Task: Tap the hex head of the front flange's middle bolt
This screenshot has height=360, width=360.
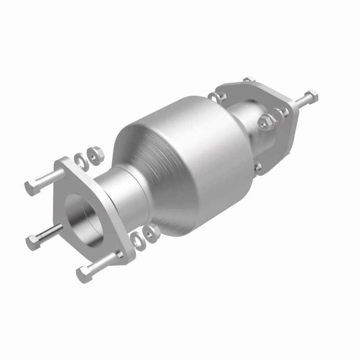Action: pyautogui.click(x=33, y=243)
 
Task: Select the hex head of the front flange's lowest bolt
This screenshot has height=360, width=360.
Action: pyautogui.click(x=84, y=272)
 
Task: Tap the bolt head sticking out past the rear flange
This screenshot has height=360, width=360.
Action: pyautogui.click(x=311, y=95)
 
